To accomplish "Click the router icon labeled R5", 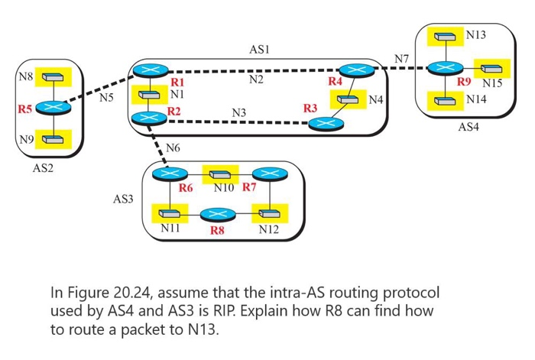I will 52,109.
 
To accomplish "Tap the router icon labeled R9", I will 444,69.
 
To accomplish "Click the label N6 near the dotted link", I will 173,147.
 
